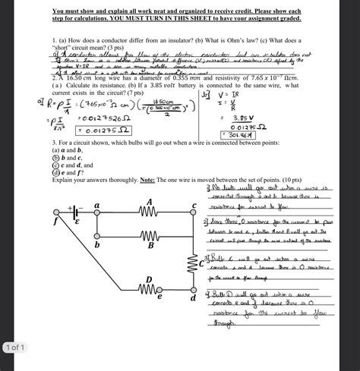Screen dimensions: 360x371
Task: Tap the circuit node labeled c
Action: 194,213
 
